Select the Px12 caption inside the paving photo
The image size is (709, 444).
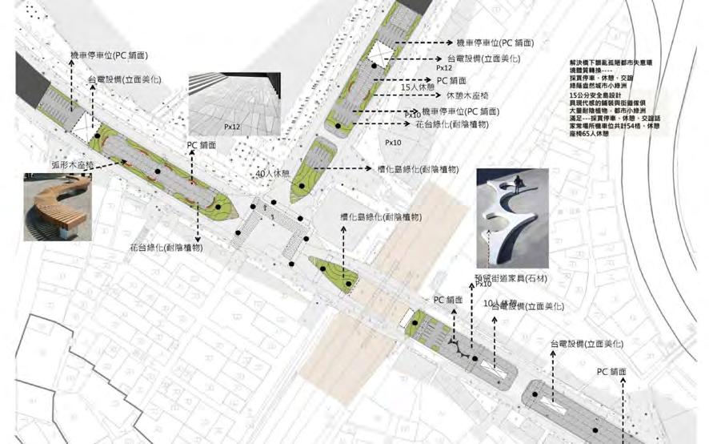(232, 126)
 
